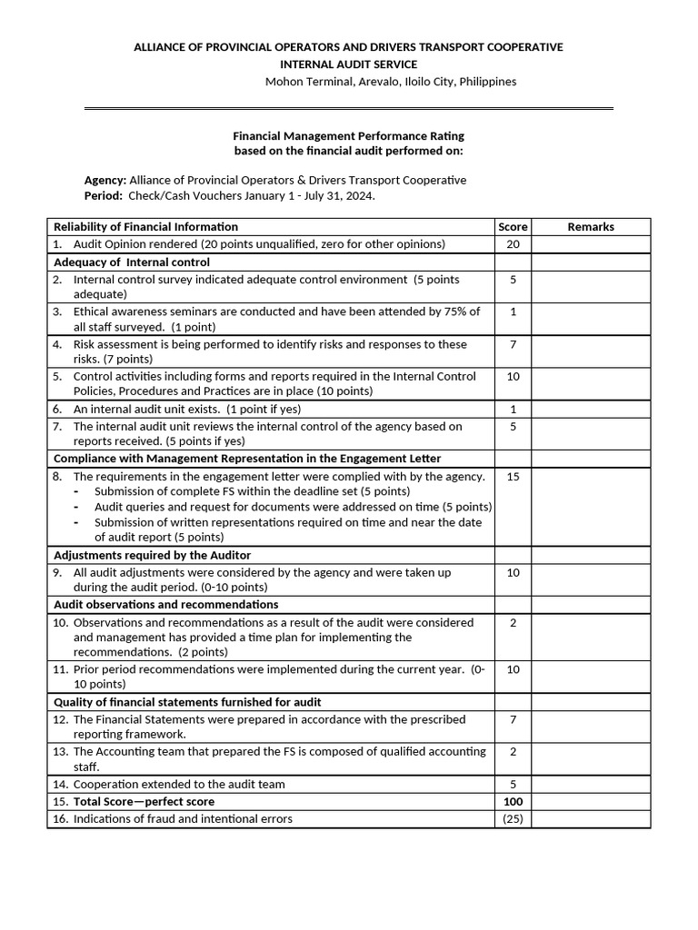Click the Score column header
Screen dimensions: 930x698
(x=513, y=227)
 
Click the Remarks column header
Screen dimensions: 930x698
(x=591, y=227)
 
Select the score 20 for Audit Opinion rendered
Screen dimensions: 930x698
(x=513, y=244)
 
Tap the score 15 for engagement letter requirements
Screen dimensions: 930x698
(x=513, y=477)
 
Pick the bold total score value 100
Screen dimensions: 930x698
(x=513, y=802)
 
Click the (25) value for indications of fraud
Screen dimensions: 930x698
(x=513, y=819)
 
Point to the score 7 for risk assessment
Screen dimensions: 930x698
(x=513, y=345)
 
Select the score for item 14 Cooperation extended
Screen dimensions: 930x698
(x=513, y=785)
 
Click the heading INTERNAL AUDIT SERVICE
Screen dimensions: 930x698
(x=348, y=64)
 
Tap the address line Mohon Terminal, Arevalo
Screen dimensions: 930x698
(x=390, y=82)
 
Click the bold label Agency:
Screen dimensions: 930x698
(x=105, y=180)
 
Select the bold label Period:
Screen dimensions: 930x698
(x=103, y=195)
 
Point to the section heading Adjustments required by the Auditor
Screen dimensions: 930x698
(x=153, y=555)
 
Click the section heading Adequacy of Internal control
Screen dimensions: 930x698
(x=132, y=262)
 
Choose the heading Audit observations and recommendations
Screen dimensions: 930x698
(x=166, y=605)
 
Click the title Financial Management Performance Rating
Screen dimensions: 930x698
(x=349, y=135)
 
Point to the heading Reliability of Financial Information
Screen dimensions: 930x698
(x=146, y=227)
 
